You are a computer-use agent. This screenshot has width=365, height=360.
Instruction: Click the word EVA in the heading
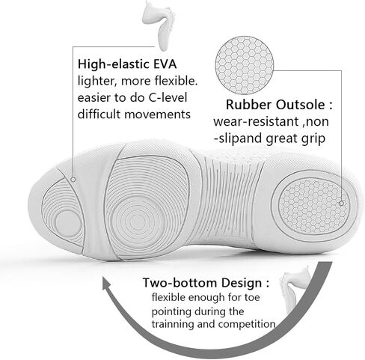pyautogui.click(x=165, y=64)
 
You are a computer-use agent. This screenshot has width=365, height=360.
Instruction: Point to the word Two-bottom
pyautogui.click(x=180, y=283)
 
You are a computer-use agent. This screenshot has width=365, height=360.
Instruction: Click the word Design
pyautogui.click(x=242, y=283)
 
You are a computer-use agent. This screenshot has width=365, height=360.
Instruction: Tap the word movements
pyautogui.click(x=157, y=115)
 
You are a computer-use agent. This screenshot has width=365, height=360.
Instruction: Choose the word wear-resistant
pyautogui.click(x=256, y=122)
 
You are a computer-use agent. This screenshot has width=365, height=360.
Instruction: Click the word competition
pyautogui.click(x=247, y=324)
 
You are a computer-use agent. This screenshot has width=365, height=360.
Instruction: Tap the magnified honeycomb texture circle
pyautogui.click(x=245, y=65)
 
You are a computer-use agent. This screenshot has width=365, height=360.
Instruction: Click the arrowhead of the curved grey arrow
pyautogui.click(x=109, y=284)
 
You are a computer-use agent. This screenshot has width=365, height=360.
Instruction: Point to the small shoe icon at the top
pyautogui.click(x=159, y=25)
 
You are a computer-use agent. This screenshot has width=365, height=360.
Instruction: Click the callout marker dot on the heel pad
pyautogui.click(x=341, y=204)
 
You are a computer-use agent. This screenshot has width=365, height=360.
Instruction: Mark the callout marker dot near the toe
pyautogui.click(x=73, y=180)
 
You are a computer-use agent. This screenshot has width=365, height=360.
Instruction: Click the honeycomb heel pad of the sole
pyautogui.click(x=313, y=205)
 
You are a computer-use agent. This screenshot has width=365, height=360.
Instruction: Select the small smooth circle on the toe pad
pyautogui.click(x=68, y=224)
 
